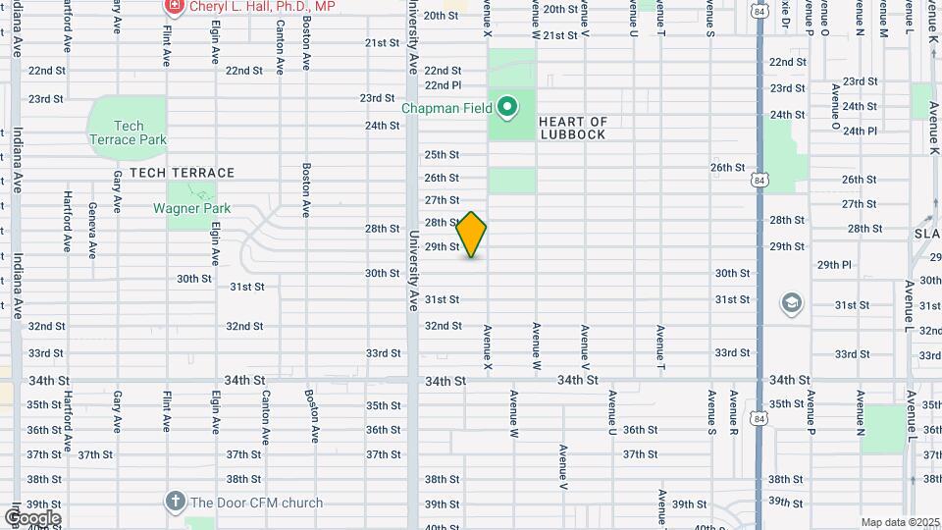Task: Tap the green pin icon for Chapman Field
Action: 507,106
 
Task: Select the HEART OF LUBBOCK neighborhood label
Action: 573,129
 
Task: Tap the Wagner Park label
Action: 190,208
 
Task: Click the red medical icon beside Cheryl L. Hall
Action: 174,7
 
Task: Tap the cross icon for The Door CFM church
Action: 175,502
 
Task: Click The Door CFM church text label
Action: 256,503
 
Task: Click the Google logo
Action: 32,518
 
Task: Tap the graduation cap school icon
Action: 791,303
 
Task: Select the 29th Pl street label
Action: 834,265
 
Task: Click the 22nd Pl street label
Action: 443,85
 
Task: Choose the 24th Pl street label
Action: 860,131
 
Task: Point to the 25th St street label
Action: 442,154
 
